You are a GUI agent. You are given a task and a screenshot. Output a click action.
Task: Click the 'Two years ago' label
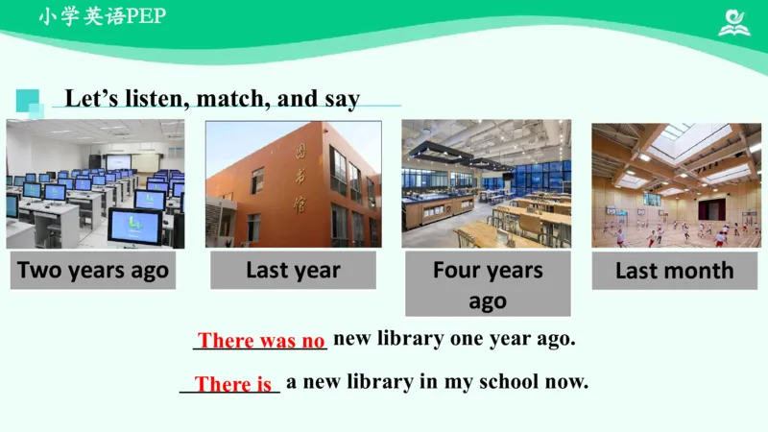[93, 271]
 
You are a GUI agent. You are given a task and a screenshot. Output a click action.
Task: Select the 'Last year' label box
[293, 271]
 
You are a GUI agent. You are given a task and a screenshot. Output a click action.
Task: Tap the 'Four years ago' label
[488, 285]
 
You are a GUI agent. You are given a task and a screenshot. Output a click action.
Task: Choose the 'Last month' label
[674, 271]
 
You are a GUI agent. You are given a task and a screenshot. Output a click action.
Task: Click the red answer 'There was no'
[261, 341]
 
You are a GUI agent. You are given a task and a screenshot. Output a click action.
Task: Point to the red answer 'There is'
[233, 385]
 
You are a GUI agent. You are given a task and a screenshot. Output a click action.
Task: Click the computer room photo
[95, 184]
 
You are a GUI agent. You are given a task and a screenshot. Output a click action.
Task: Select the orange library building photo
[293, 184]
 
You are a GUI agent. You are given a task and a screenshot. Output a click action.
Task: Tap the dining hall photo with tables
[486, 184]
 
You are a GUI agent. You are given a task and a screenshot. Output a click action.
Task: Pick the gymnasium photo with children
[676, 184]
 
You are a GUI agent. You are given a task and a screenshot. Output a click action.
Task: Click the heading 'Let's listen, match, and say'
[212, 99]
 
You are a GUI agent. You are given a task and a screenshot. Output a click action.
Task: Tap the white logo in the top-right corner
[735, 22]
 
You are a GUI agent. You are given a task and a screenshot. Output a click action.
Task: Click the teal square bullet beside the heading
[29, 101]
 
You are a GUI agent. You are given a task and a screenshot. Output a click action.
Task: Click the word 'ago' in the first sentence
[552, 339]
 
